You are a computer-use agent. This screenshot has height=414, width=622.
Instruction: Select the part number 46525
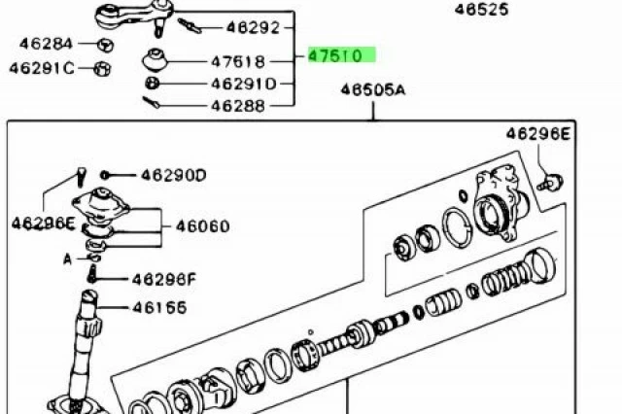pos(481,9)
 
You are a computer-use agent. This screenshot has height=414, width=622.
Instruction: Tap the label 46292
pos(253,27)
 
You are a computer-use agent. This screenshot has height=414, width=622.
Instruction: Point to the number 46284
pos(46,43)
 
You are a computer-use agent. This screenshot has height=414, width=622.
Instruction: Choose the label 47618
pos(238,61)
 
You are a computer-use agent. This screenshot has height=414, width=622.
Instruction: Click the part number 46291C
pos(42,68)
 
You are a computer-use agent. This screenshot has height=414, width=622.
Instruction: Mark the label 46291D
pos(244,84)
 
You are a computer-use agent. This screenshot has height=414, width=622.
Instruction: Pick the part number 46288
pos(238,106)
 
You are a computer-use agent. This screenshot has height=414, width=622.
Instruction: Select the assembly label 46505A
pos(373,89)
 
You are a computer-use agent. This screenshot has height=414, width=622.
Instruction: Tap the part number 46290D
pos(174,175)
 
